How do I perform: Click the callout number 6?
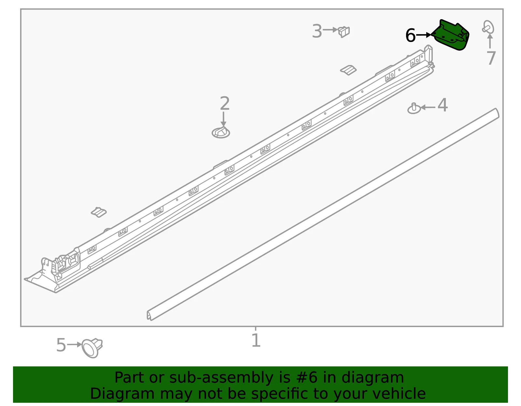pos(410,35)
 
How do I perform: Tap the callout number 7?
pos(491,58)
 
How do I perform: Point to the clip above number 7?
pos(488,27)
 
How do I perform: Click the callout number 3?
pos(317,31)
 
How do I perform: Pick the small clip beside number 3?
pos(344,32)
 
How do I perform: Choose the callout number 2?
pos(225,103)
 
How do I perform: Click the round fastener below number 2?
pos(221,133)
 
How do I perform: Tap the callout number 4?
pos(442,105)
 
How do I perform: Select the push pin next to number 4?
pos(414,109)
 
